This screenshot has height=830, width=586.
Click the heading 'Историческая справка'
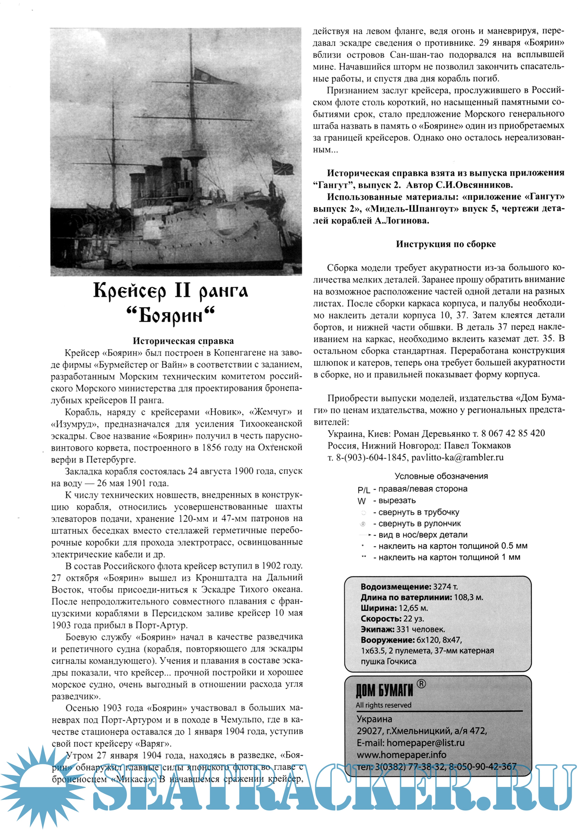(183, 341)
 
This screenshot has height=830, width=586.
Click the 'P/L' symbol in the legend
(364, 490)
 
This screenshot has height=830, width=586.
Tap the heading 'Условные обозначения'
(441, 476)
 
